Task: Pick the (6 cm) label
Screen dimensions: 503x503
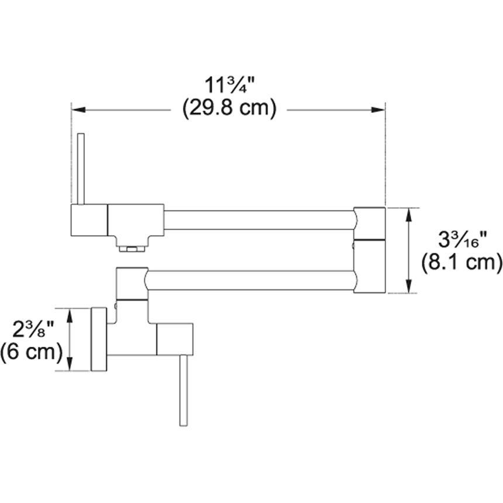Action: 32,352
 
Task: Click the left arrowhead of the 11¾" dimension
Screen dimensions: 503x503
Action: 78,110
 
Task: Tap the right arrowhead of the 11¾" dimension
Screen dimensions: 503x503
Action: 378,110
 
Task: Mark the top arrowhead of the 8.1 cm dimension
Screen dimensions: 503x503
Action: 408,215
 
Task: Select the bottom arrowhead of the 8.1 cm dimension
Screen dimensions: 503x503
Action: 408,286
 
